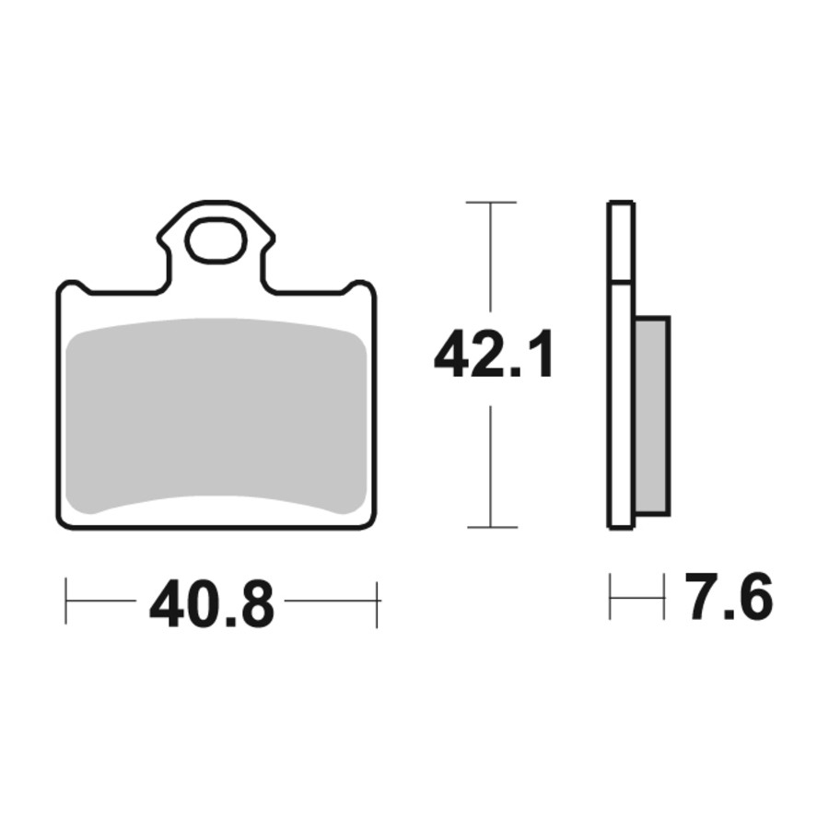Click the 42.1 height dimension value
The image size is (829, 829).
pyautogui.click(x=494, y=354)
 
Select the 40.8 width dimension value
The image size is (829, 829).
pyautogui.click(x=212, y=603)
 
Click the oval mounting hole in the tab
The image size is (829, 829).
pyautogui.click(x=217, y=239)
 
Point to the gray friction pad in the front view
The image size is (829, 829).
pyautogui.click(x=216, y=416)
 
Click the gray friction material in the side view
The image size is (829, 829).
pyautogui.click(x=652, y=416)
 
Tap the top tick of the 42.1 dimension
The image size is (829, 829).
pyautogui.click(x=491, y=202)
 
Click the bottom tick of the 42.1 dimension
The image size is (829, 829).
pyautogui.click(x=492, y=527)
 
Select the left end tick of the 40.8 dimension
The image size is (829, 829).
pyautogui.click(x=66, y=601)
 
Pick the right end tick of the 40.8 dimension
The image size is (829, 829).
pyautogui.click(x=377, y=604)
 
